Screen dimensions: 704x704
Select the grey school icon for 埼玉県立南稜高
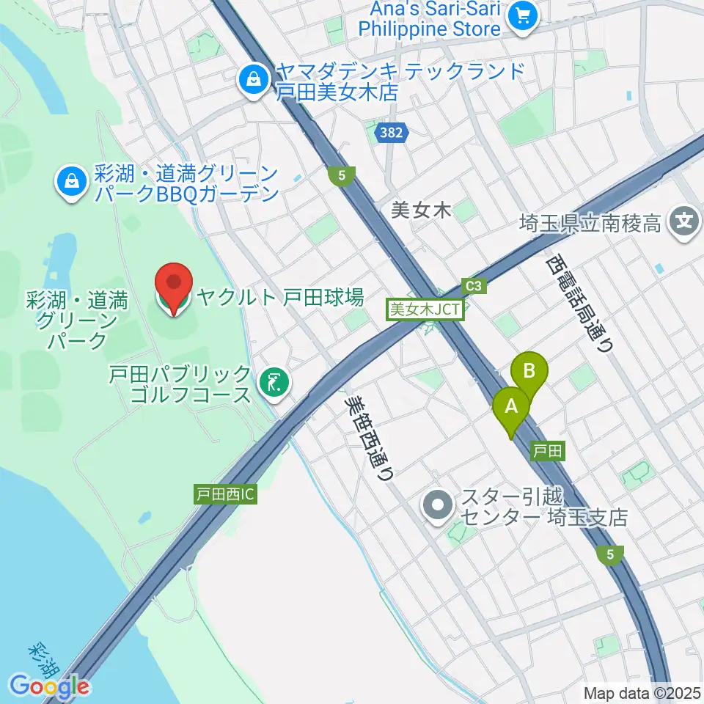click(x=685, y=220)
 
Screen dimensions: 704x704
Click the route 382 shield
click(x=390, y=133)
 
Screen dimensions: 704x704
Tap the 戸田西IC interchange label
click(x=225, y=494)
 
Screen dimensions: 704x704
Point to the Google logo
click(x=49, y=686)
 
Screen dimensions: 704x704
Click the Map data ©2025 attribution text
click(x=642, y=692)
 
